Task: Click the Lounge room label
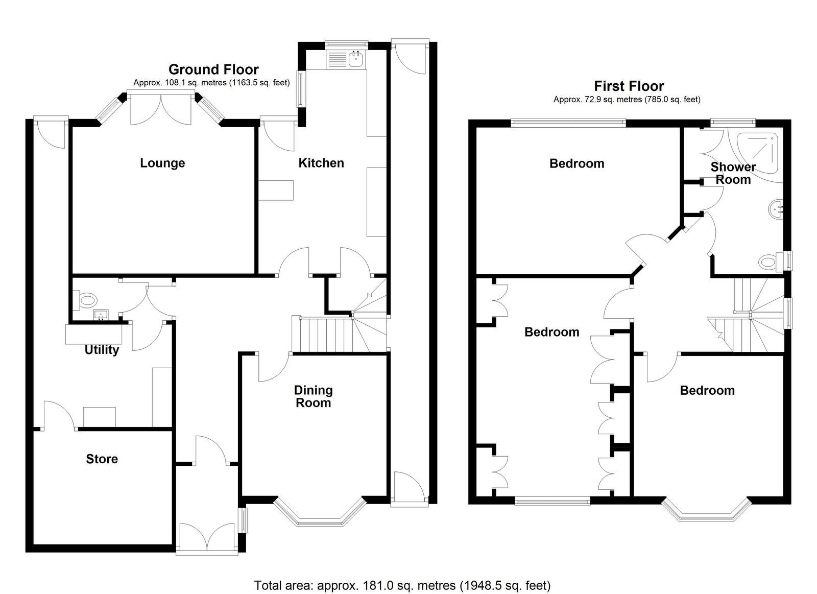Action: (x=162, y=163)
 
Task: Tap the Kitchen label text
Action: (x=321, y=163)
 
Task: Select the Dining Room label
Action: (x=314, y=396)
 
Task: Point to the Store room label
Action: (x=102, y=459)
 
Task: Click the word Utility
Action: (x=102, y=349)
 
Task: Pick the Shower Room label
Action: (x=733, y=173)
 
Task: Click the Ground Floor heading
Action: (x=213, y=69)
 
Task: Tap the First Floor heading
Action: (x=629, y=86)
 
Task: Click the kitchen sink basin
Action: (x=355, y=59)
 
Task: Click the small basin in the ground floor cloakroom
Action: (x=100, y=315)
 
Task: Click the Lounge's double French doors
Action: (x=160, y=108)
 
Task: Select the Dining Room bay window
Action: (x=320, y=512)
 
